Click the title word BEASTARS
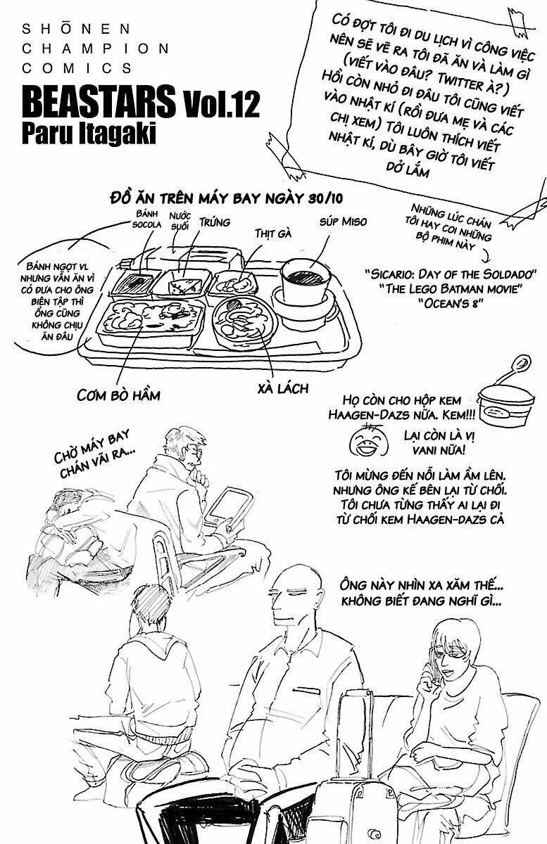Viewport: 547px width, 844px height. [x=99, y=104]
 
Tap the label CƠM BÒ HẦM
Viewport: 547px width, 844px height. [x=118, y=395]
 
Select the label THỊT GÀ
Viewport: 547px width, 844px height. [x=273, y=233]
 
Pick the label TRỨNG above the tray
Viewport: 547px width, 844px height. [x=214, y=222]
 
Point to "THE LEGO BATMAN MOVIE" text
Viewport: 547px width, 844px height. [x=451, y=288]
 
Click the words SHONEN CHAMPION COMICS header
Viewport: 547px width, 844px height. [x=95, y=49]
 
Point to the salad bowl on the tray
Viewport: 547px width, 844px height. [x=241, y=324]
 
